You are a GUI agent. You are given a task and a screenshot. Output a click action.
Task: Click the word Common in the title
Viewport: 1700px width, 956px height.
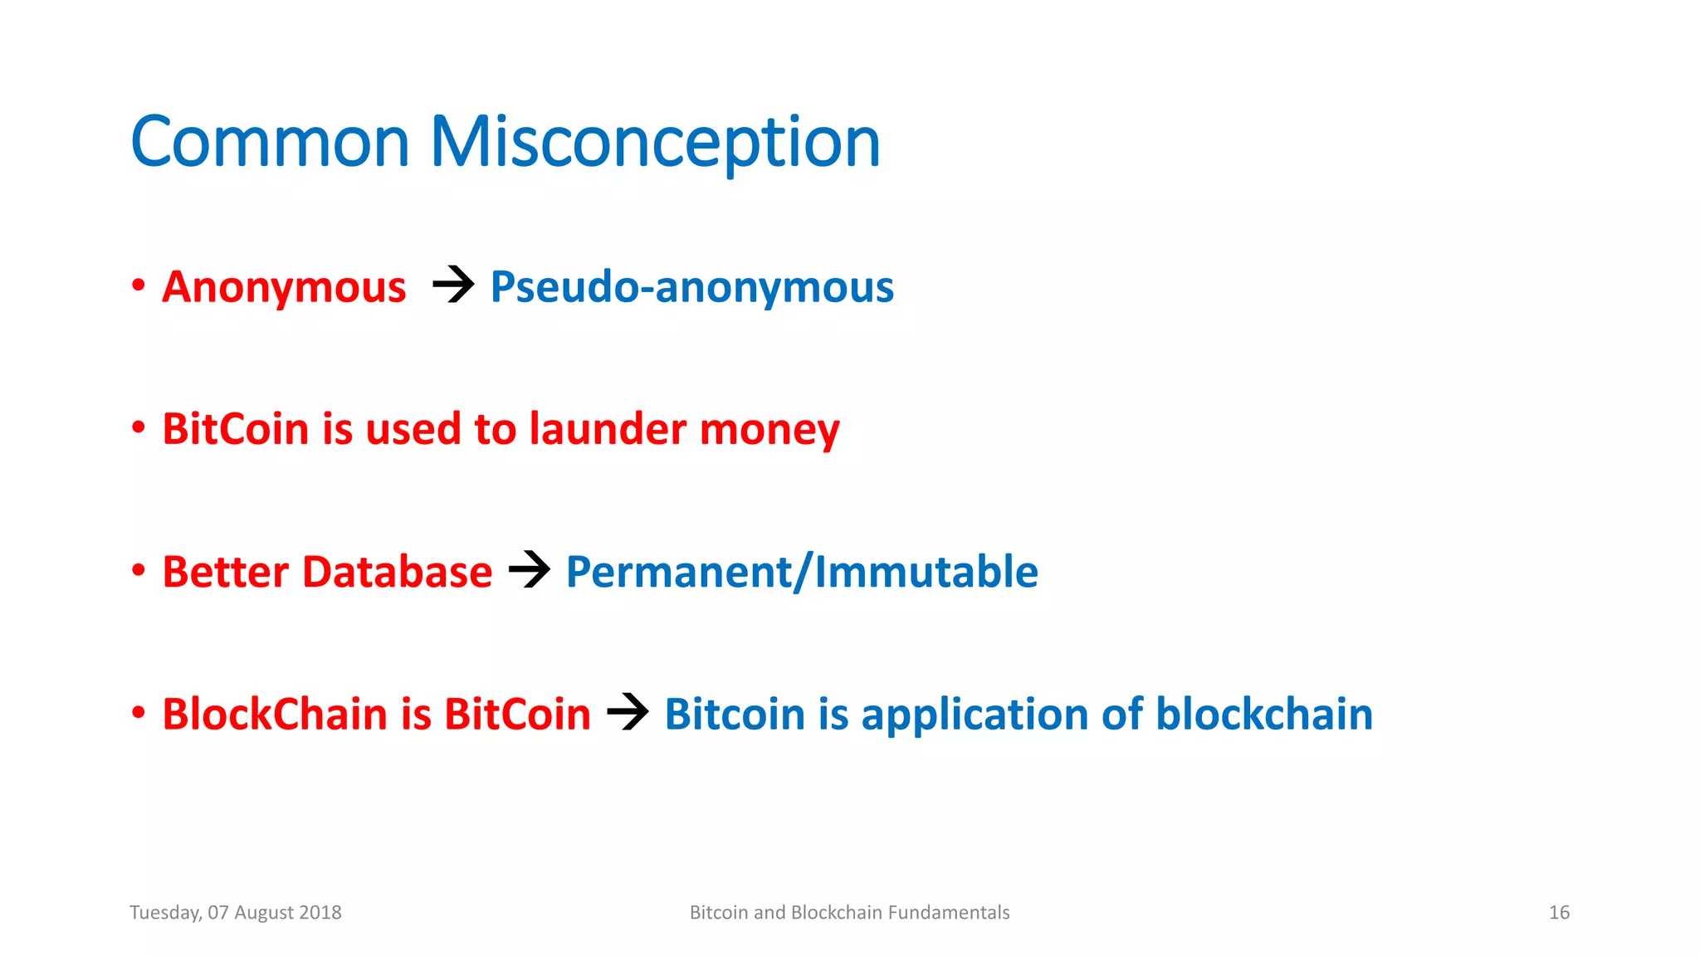point(270,143)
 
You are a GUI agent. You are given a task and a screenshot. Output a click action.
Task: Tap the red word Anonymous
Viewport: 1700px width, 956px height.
point(284,287)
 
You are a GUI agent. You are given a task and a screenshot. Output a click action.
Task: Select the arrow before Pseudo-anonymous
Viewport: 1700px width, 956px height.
point(453,285)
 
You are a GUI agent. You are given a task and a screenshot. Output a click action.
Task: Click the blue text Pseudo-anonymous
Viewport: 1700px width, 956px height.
point(691,287)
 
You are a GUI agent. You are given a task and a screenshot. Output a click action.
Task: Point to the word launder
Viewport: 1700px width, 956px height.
point(608,429)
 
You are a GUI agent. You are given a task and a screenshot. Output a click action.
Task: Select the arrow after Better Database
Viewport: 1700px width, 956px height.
point(530,570)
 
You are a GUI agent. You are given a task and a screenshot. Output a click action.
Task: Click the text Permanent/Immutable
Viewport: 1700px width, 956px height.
point(801,572)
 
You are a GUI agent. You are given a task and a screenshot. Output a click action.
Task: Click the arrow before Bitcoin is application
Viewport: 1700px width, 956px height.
point(628,712)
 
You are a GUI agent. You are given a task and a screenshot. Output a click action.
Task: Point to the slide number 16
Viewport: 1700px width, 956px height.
point(1559,913)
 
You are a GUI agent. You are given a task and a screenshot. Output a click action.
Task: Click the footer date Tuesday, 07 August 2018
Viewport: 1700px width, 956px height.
point(236,913)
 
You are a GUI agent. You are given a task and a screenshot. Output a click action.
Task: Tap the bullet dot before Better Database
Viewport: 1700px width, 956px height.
point(139,571)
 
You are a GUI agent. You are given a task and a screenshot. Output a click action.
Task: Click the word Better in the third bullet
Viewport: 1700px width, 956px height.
point(225,572)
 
